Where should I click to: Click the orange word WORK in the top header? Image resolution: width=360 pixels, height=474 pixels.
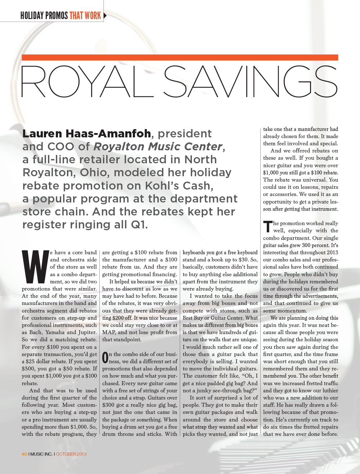[x=93, y=15]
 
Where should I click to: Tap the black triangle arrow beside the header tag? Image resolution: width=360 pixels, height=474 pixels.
[x=105, y=15]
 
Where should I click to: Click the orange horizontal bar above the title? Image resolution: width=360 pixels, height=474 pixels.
[x=180, y=58]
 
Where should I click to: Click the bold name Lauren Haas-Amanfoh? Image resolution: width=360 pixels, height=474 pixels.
[x=86, y=133]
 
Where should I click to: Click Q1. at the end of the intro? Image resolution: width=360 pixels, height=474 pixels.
[x=139, y=225]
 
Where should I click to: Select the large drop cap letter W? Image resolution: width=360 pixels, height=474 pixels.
[x=35, y=266]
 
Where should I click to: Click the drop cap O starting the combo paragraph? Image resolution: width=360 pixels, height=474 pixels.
[x=105, y=357]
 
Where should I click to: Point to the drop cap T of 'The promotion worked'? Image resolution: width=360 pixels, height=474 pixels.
[x=267, y=227]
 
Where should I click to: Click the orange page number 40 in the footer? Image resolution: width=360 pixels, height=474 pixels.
[x=24, y=454]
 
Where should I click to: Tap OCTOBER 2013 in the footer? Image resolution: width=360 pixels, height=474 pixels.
[x=71, y=454]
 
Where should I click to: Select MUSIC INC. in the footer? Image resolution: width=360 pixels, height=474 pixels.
[x=41, y=454]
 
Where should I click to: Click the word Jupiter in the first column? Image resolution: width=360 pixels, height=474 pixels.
[x=87, y=332]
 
